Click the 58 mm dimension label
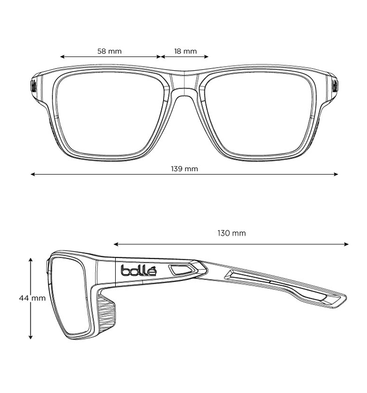click(110, 51)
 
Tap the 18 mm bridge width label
click(186, 51)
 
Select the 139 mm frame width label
click(185, 169)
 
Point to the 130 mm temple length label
click(231, 233)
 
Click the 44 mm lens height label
click(33, 298)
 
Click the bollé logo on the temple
click(139, 270)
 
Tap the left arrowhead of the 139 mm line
click(33, 174)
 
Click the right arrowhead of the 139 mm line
click(336, 174)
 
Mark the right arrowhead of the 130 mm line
click(347, 244)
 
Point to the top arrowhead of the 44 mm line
click(31, 260)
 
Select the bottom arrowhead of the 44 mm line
click(31, 337)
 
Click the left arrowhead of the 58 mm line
click(62, 57)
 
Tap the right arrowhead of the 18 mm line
click(206, 57)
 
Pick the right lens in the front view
click(258, 114)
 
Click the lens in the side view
click(70, 296)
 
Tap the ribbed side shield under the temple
click(107, 315)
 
